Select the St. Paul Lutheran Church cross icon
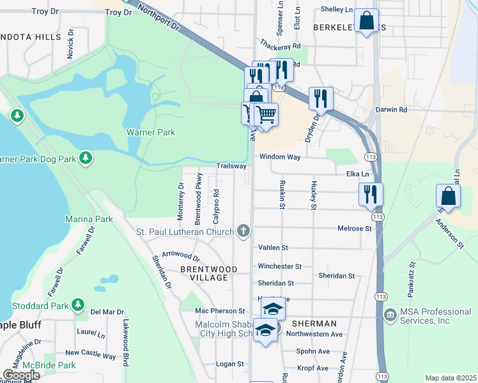tap(242, 230)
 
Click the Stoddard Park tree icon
tap(78, 303)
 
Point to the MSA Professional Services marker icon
tap(390, 315)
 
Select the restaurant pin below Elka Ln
tap(371, 194)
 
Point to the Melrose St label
tap(355, 228)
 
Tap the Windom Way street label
tap(279, 156)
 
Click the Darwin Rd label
tap(391, 110)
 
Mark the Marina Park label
tap(89, 219)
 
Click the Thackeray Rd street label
tap(280, 46)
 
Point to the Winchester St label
tap(279, 266)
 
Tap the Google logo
tap(21, 375)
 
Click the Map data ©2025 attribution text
tap(451, 378)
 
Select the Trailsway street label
tap(231, 166)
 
